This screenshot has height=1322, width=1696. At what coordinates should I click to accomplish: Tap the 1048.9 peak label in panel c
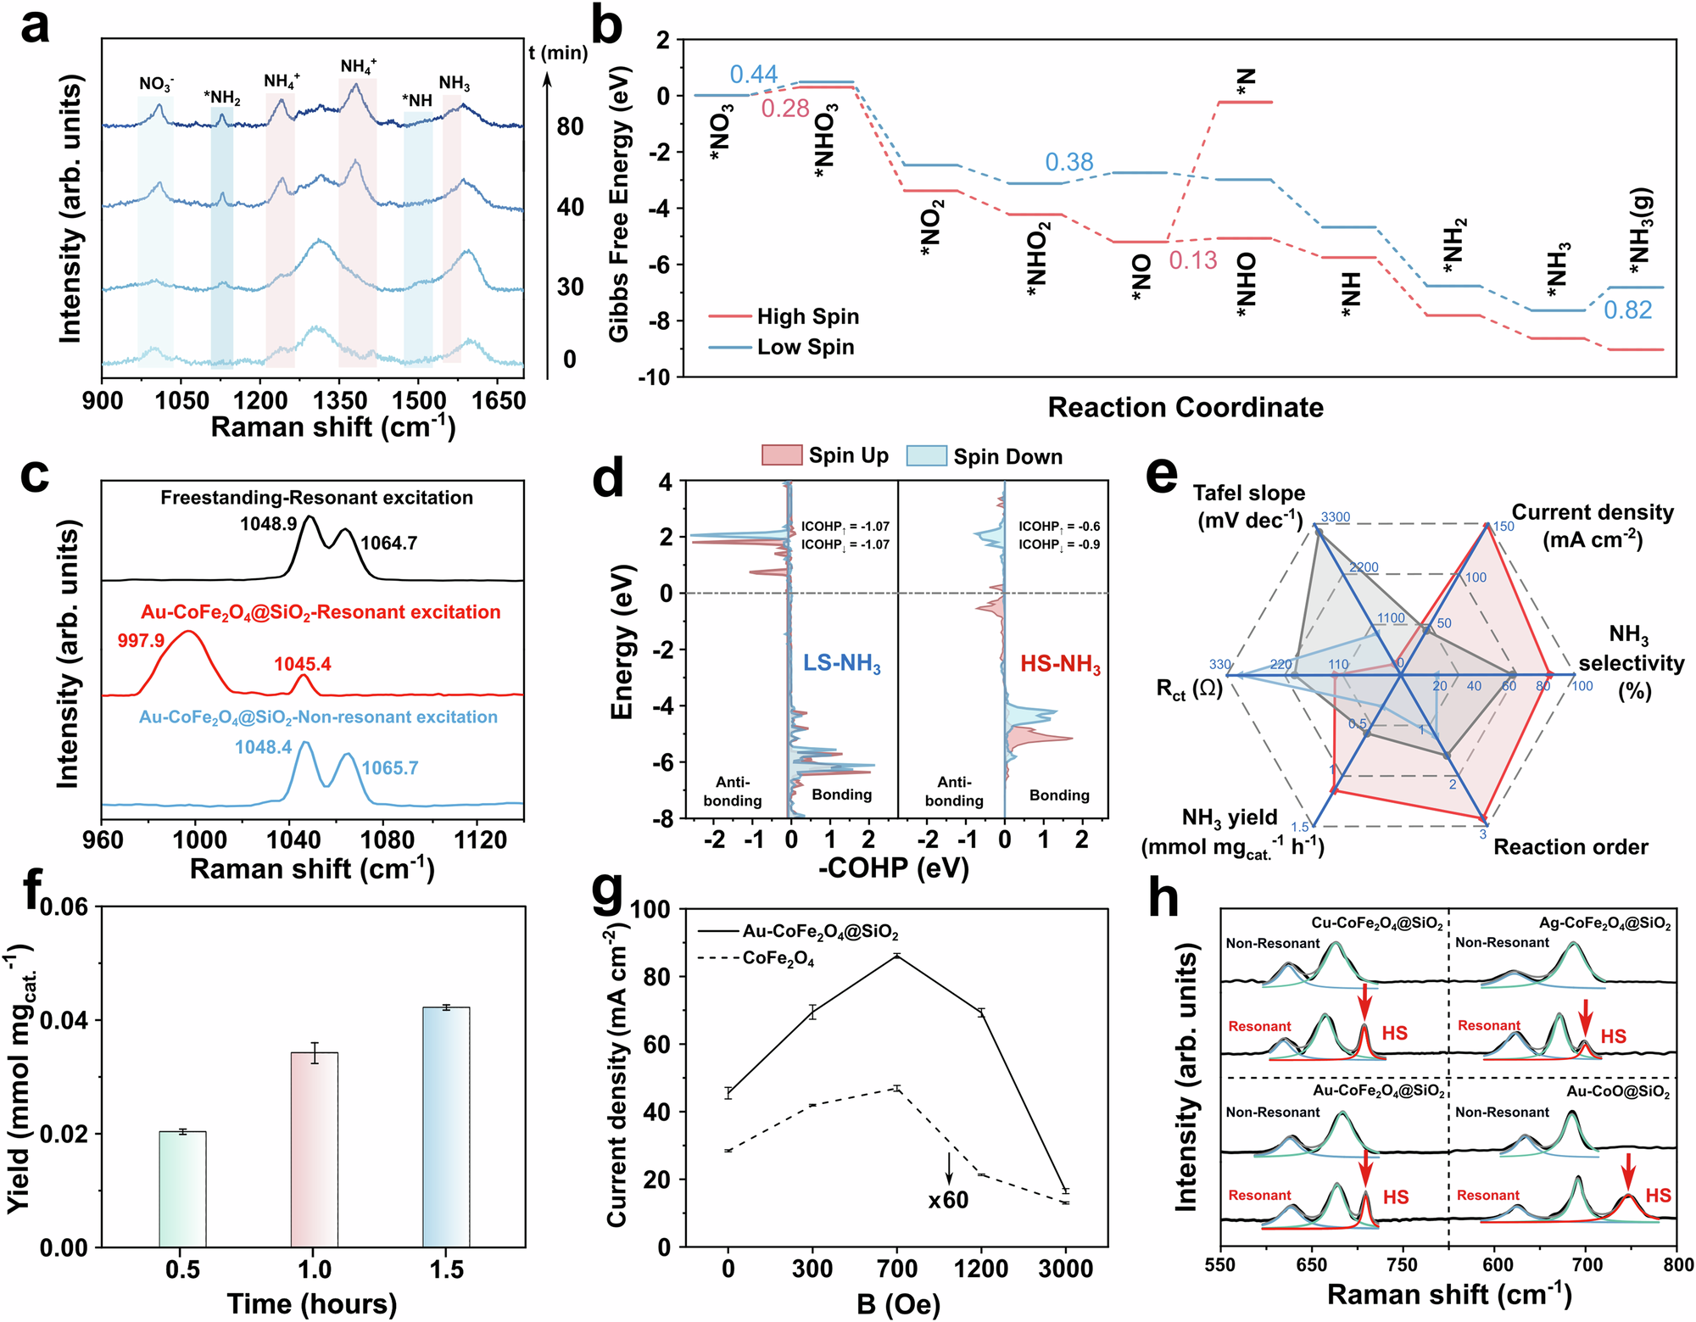(x=268, y=524)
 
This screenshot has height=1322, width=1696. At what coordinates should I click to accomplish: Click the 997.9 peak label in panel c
(x=141, y=640)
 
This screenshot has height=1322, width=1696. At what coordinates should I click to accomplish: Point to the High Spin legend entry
(x=807, y=316)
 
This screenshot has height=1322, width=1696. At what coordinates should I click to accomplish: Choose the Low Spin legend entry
(x=805, y=347)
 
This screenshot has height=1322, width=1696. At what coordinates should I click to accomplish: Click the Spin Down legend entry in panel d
(x=1007, y=456)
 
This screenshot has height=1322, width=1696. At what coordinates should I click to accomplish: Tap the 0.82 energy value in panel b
(x=1627, y=310)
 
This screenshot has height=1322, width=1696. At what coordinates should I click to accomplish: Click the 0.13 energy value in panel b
(x=1192, y=260)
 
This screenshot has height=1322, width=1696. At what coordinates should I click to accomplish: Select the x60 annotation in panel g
(x=948, y=1200)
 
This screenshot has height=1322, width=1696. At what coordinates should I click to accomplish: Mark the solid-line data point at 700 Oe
(x=897, y=956)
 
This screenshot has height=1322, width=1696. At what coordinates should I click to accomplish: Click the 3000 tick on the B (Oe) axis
(x=1066, y=1269)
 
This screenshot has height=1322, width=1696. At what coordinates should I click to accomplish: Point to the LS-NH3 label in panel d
(x=841, y=663)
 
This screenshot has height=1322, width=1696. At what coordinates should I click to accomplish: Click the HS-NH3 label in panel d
(x=1060, y=663)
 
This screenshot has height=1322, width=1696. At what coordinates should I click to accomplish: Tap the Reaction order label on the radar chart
(x=1570, y=846)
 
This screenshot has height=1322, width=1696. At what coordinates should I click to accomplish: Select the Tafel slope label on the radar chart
(x=1249, y=506)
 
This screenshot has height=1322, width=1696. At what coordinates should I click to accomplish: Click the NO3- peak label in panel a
(x=156, y=84)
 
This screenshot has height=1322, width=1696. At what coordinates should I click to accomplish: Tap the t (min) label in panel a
(x=557, y=53)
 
